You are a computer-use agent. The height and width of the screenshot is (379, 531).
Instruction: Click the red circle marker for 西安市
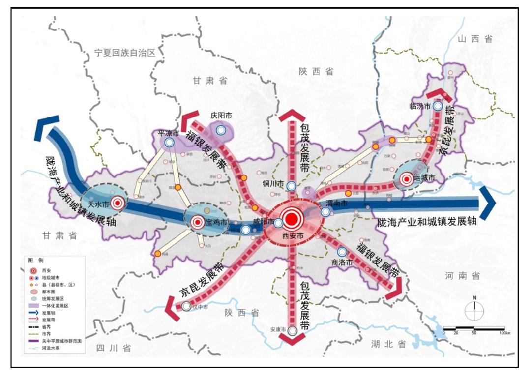coord(292,219)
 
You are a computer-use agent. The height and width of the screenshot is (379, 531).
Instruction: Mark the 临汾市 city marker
coord(437,106)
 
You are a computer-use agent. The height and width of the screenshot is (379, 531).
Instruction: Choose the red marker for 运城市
coord(407,180)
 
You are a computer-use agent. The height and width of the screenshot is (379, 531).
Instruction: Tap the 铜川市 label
coord(273,184)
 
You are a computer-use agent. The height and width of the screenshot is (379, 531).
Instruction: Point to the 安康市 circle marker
coord(293,330)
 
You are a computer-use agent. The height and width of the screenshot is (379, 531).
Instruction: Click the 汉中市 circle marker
coord(186,307)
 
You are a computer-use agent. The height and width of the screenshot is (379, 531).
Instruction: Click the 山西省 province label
coord(474,39)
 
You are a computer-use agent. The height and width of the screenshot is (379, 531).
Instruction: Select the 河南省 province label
coord(463,276)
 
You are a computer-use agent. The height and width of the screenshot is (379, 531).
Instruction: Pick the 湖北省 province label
coord(388,344)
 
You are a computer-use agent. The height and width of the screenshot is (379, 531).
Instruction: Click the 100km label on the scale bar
coord(503,333)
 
